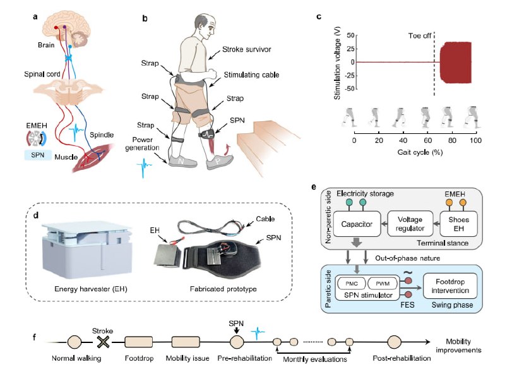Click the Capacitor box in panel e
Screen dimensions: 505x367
coord(357,224)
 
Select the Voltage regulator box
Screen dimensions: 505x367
coord(410,224)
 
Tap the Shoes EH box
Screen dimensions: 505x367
coord(459,224)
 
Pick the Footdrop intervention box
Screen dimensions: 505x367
coord(450,286)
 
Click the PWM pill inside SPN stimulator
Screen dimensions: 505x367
coord(383,284)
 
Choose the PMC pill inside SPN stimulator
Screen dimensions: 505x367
coord(352,284)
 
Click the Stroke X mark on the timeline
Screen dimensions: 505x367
coord(103,342)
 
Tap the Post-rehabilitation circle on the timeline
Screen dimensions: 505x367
coord(394,342)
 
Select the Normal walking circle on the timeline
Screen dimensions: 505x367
coord(74,342)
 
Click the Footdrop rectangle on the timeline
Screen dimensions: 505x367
coord(138,342)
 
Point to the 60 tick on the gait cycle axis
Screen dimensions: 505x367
coord(428,133)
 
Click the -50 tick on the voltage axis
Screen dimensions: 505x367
coord(355,88)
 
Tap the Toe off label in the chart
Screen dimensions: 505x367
coord(419,36)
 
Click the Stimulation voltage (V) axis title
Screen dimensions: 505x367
coord(337,69)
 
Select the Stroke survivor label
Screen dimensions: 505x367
coord(246,49)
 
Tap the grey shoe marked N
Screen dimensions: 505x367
coord(182,161)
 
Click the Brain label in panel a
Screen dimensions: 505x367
coord(46,45)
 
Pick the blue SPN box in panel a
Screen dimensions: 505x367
coord(38,155)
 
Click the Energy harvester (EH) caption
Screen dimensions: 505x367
coord(91,289)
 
